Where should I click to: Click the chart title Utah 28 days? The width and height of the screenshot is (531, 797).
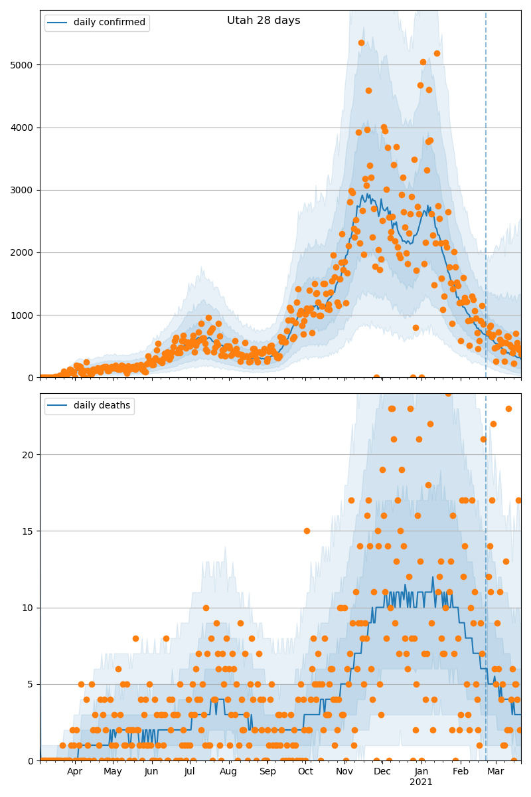click(264, 21)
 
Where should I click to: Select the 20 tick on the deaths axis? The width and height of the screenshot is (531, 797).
click(28, 455)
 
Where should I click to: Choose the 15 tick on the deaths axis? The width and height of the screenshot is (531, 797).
click(28, 531)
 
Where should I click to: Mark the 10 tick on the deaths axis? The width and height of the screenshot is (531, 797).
click(28, 608)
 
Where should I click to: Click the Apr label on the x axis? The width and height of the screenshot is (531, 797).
click(74, 772)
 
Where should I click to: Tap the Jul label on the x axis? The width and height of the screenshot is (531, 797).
click(190, 772)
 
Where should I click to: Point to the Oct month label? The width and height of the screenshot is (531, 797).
click(305, 772)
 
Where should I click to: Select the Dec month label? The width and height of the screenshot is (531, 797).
click(382, 772)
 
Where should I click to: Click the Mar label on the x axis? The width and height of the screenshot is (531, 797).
click(496, 772)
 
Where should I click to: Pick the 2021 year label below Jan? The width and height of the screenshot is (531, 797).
click(421, 782)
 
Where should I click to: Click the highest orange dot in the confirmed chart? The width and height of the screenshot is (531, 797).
click(362, 43)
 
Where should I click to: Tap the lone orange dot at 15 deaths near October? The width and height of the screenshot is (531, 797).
click(307, 531)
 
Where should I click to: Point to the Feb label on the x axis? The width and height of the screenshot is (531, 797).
click(461, 772)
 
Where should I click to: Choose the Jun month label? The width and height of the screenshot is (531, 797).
click(151, 772)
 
